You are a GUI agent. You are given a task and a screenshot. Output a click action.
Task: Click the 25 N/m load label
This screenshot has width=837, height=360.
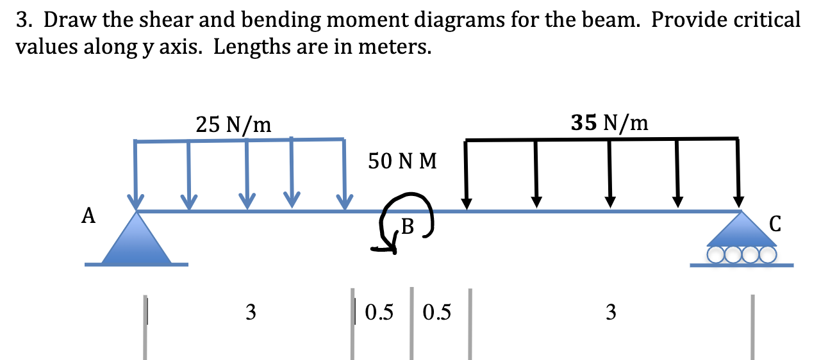coord(233,124)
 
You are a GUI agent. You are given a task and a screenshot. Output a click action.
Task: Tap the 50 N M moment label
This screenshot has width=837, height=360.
coord(402,161)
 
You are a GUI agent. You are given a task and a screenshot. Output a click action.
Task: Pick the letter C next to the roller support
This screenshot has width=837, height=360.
coord(775,224)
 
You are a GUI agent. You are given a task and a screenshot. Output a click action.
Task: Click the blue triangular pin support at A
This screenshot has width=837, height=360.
coord(137,239)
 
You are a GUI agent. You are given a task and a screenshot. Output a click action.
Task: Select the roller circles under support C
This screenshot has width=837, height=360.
coord(742,256)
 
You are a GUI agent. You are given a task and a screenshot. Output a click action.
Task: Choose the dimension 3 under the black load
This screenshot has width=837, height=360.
coord(610,313)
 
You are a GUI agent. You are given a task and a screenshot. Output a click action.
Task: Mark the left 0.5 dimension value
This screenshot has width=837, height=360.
coord(379,313)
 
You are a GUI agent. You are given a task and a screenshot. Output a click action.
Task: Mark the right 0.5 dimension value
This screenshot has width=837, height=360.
coord(437,313)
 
